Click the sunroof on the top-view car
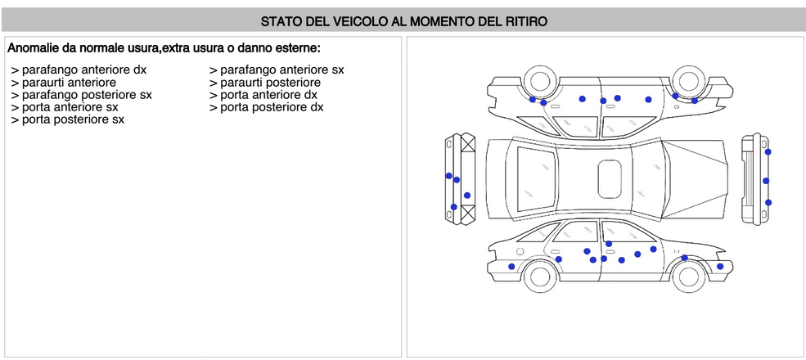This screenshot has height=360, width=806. click(610, 178)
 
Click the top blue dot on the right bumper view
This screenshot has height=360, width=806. click(768, 152)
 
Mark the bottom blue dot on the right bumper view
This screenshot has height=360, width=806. click(768, 202)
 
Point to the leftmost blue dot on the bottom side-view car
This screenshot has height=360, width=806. click(511, 267)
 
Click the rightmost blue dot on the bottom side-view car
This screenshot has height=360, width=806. click(720, 266)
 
